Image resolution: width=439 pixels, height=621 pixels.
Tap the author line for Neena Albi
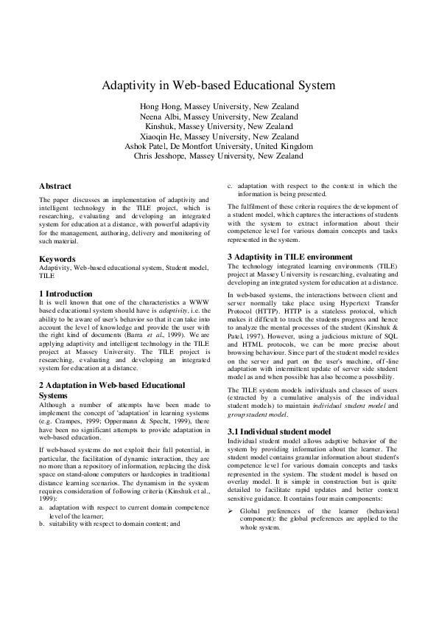coord(219,117)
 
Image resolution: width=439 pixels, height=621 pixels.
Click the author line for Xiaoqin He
coord(219,136)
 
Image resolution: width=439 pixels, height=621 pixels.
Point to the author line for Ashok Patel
coord(219,146)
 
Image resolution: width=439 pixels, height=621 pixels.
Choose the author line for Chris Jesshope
coord(219,156)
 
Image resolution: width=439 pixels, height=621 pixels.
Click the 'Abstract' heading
coord(55,187)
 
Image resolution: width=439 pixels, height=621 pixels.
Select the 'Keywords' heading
coord(57,259)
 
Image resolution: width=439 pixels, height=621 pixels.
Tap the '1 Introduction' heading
coord(66,294)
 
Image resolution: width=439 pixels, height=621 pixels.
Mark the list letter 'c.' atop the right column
coord(231,187)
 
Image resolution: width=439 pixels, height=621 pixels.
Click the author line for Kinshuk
coord(219,126)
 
